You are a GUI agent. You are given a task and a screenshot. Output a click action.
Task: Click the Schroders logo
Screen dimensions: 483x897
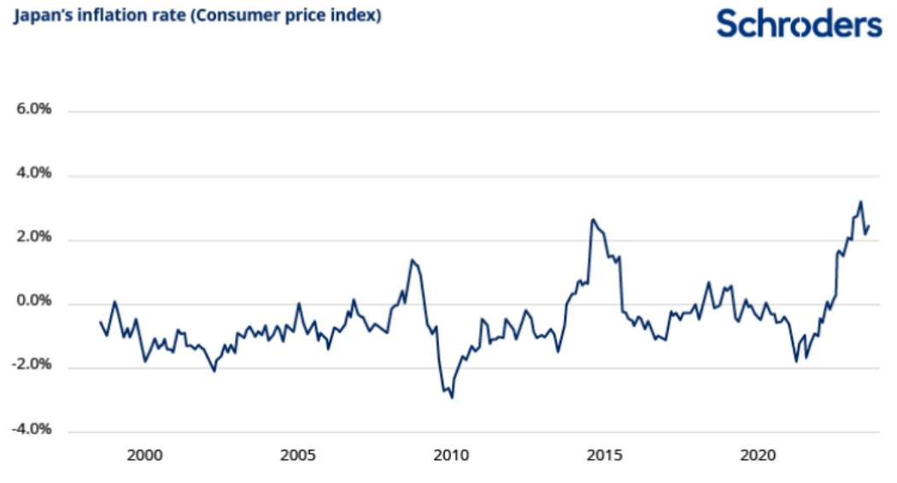[x=799, y=24]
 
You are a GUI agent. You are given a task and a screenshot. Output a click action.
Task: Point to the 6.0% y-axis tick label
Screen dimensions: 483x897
[x=34, y=111]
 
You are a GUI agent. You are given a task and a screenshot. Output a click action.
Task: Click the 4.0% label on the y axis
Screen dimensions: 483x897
[x=34, y=175]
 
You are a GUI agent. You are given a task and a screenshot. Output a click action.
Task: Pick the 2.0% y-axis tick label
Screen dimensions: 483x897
[x=34, y=239]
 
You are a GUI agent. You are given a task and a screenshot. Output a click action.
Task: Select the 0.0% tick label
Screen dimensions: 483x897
[x=34, y=303]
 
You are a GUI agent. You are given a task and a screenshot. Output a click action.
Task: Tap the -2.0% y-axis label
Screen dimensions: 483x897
[x=32, y=366]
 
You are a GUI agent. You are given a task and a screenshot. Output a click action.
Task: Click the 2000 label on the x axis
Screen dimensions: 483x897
[x=144, y=455]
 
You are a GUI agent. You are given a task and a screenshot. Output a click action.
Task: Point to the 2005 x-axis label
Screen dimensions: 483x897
[x=298, y=455]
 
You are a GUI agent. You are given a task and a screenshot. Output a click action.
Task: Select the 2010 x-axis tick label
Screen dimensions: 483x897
[x=451, y=455]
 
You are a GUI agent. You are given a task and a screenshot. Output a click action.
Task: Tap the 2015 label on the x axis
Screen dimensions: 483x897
[x=604, y=455]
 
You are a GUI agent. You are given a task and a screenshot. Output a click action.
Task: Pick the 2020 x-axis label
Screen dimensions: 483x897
[x=758, y=455]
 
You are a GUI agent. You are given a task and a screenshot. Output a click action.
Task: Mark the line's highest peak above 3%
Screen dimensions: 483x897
[x=860, y=202]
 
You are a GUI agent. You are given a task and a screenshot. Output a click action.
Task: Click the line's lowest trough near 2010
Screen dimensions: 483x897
[x=452, y=398]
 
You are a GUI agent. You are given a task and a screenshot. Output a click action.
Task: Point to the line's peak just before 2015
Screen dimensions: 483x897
[x=593, y=219]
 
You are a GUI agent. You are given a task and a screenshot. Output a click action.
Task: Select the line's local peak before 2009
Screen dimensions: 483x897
[x=412, y=259]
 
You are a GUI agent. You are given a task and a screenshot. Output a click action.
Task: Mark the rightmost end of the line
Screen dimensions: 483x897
[x=869, y=226]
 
